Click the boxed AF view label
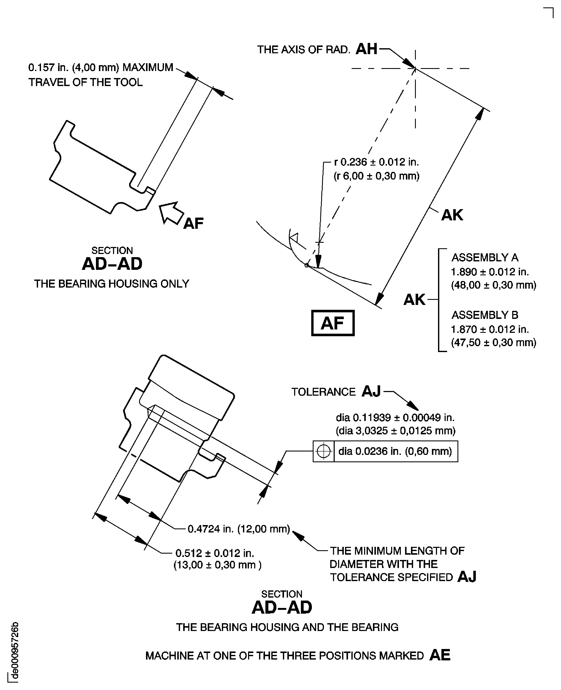tap(333, 323)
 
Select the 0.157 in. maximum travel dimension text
tap(101, 68)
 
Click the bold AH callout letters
tap(366, 49)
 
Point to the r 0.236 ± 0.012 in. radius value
tap(377, 162)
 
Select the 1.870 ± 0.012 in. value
tap(490, 329)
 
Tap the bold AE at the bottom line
tap(440, 655)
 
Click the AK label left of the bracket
tap(414, 300)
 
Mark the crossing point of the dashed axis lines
tap(415, 68)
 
